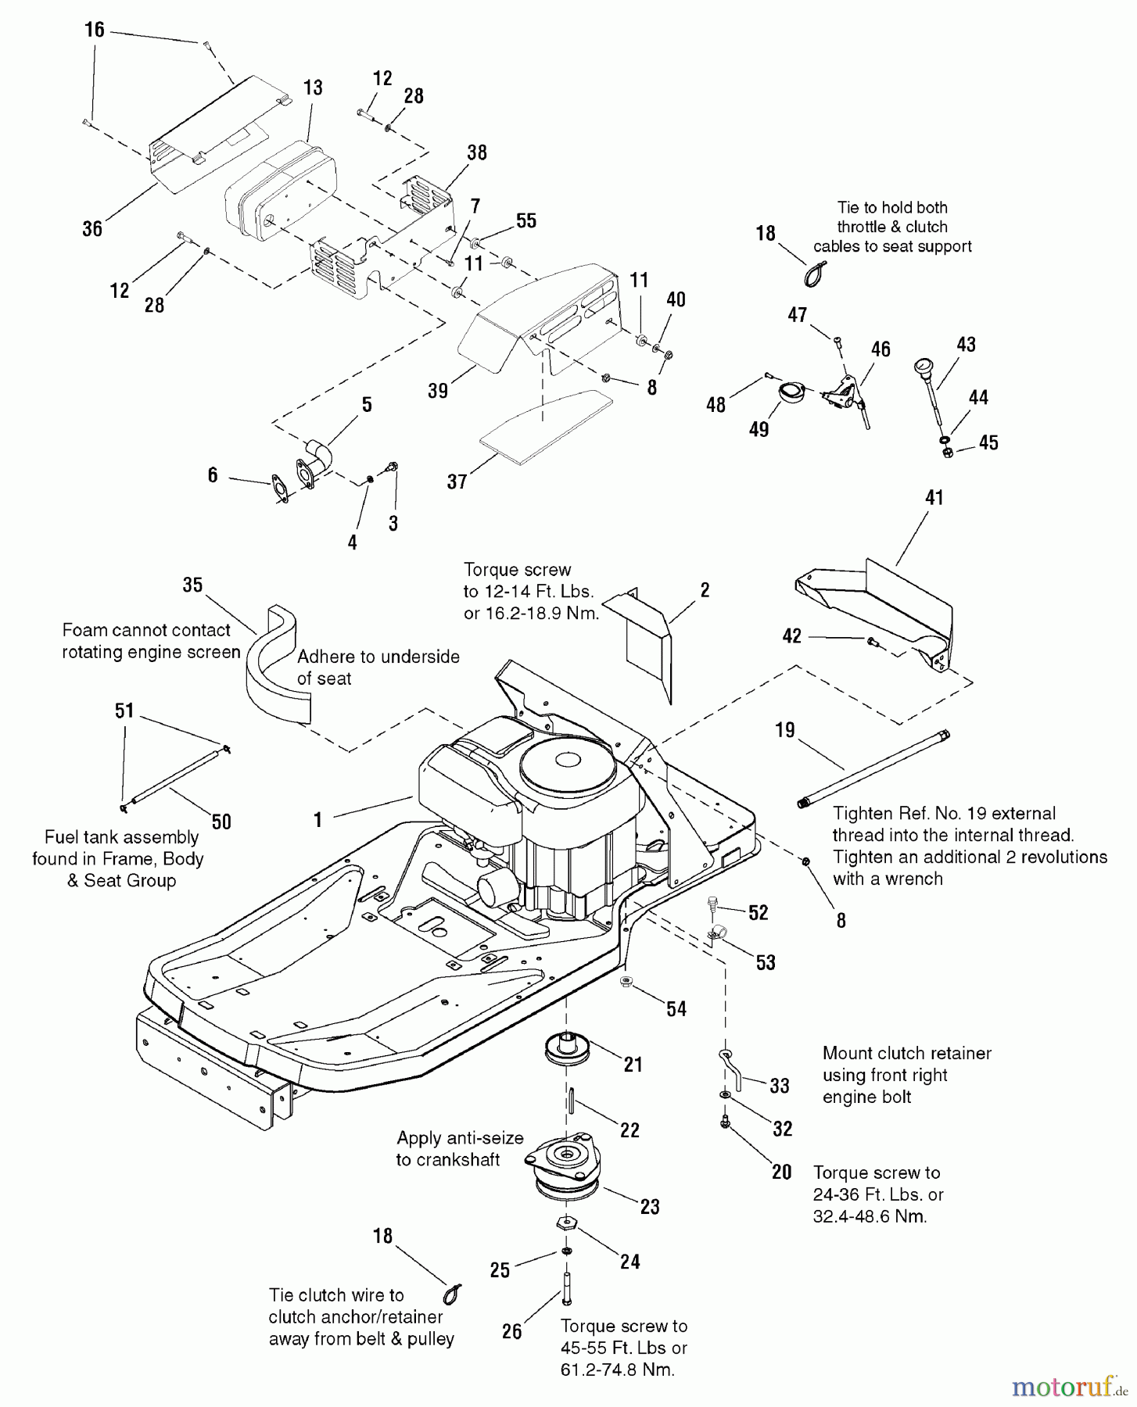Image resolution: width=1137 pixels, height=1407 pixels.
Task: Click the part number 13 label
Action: [x=313, y=88]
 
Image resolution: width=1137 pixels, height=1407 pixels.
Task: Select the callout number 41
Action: [x=934, y=497]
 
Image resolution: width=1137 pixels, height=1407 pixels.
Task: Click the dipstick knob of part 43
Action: [x=924, y=367]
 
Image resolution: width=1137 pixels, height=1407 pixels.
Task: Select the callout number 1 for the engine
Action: [x=317, y=819]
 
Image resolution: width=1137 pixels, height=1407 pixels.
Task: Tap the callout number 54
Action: [x=676, y=1008]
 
